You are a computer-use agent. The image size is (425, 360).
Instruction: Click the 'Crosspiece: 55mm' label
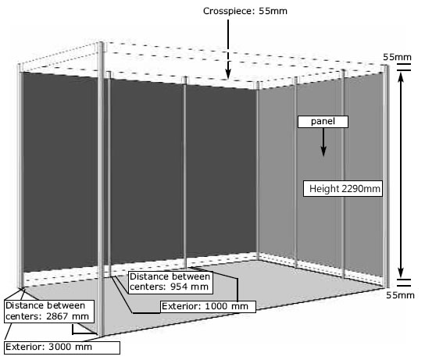(x=245, y=11)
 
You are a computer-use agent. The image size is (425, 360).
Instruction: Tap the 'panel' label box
(x=323, y=122)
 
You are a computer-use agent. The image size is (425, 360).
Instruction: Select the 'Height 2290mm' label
(x=343, y=188)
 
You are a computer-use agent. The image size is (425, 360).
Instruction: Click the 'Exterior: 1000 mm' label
(x=208, y=307)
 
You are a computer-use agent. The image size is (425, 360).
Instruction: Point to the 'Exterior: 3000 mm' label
(x=62, y=348)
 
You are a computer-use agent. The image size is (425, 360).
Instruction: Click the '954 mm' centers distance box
(x=170, y=282)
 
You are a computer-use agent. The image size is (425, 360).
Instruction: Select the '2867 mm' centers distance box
(x=49, y=312)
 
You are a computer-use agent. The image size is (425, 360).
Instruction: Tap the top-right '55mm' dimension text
(x=397, y=58)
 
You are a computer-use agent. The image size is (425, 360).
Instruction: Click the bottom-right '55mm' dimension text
(x=400, y=295)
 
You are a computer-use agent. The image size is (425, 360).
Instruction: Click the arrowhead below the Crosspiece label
(x=228, y=73)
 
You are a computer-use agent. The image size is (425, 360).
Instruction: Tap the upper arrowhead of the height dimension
(x=401, y=77)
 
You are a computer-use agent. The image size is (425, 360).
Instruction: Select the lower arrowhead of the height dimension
(x=401, y=273)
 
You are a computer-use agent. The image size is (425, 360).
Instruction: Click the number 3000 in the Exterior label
(x=60, y=347)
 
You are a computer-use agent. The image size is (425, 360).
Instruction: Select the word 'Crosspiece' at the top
(x=228, y=11)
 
